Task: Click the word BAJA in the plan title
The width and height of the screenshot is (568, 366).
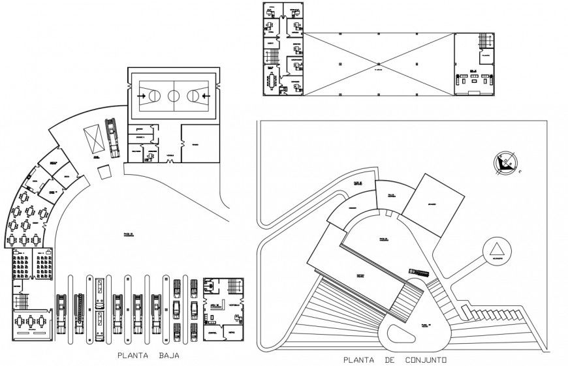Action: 168,356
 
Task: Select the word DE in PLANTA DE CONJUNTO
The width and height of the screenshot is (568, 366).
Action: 389,359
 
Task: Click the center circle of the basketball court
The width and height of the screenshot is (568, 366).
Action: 173,96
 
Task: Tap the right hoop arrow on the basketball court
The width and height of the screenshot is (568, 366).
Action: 207,96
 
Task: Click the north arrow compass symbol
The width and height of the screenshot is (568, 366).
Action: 505,162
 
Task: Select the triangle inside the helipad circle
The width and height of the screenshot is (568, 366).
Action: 497,250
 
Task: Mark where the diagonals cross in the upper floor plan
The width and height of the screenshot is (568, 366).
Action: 378,65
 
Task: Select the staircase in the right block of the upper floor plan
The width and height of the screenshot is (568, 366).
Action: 484,42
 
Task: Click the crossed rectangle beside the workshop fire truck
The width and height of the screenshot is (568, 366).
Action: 91,139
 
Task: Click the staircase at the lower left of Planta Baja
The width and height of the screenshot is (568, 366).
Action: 21,301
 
